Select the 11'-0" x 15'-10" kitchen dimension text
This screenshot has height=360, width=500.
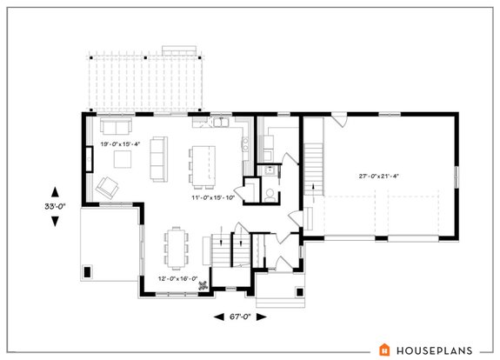pyautogui.click(x=213, y=199)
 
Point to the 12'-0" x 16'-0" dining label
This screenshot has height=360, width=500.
pyautogui.click(x=178, y=279)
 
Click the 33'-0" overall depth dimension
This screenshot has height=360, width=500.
pyautogui.click(x=55, y=206)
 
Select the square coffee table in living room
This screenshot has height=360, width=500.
pyautogui.click(x=124, y=157)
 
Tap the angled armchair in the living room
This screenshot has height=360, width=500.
pyautogui.click(x=108, y=185)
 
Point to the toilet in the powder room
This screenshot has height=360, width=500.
pyautogui.click(x=270, y=193)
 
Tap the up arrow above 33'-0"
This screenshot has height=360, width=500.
pyautogui.click(x=56, y=190)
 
